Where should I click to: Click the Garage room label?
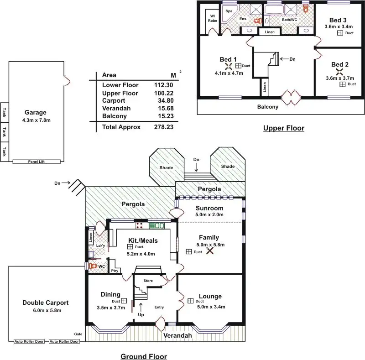(36, 112)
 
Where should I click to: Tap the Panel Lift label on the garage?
(36, 162)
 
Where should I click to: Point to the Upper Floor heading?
(283, 128)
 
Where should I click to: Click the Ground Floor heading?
(144, 356)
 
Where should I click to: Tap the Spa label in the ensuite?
(229, 10)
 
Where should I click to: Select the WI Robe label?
(213, 18)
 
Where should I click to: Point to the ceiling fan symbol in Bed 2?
(339, 72)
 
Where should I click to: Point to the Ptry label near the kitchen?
(114, 271)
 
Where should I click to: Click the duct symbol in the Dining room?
(124, 301)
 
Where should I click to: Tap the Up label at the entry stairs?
(141, 315)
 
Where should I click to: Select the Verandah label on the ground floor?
(178, 336)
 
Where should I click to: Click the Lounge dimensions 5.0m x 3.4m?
(210, 306)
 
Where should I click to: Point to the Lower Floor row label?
(120, 85)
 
